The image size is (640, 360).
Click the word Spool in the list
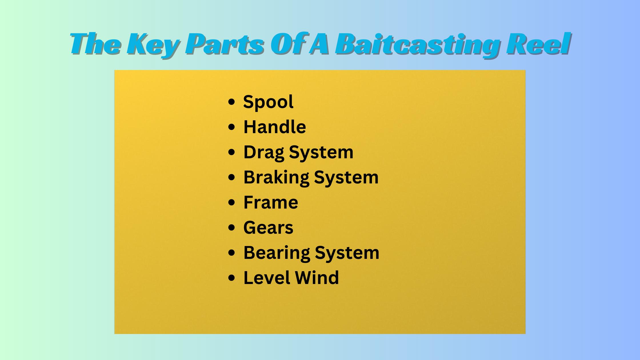coord(268,102)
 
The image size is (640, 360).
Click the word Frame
coord(271,202)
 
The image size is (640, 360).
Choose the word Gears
coord(268,228)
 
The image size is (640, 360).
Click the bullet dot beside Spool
coord(232,102)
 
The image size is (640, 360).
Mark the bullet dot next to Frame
coord(232,203)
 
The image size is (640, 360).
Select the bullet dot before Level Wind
coord(232,278)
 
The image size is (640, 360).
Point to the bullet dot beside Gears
coord(232,228)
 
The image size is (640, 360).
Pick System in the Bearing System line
coord(347,253)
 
